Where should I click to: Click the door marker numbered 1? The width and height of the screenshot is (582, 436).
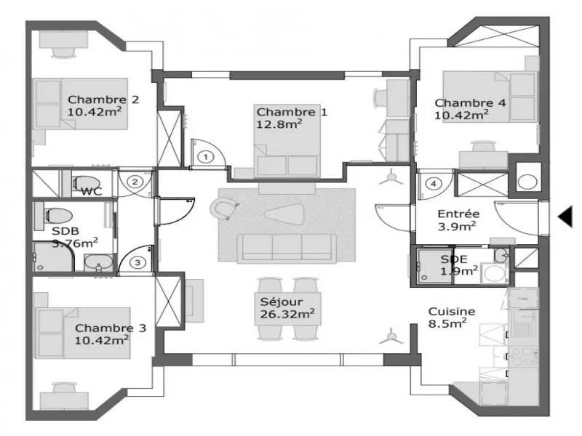tap(206, 157)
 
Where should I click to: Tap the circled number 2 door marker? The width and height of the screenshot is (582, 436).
tap(135, 182)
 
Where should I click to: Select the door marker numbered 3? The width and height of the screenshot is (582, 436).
tap(137, 262)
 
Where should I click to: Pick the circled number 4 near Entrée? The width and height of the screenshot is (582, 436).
tap(434, 184)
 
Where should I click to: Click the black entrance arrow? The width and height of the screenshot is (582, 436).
tap(565, 217)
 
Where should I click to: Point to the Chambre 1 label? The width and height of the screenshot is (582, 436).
tap(292, 112)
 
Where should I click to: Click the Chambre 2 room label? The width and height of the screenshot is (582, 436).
tap(103, 100)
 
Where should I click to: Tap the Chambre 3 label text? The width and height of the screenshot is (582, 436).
tap(111, 328)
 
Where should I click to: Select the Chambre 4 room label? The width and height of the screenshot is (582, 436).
tap(470, 102)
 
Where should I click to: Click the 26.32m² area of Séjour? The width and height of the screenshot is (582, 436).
tap(287, 314)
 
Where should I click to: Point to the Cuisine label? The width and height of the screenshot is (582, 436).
tap(452, 312)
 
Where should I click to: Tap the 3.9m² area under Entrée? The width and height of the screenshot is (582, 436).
tap(457, 226)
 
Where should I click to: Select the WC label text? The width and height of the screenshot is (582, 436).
tap(92, 192)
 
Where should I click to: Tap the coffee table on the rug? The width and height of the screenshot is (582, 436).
tap(284, 214)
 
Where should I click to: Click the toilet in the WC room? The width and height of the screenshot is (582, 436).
tap(86, 183)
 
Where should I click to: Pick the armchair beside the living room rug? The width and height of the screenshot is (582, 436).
tap(223, 208)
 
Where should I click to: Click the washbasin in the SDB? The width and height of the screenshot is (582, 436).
tap(98, 262)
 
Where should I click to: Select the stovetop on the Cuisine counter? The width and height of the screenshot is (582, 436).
tap(522, 356)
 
